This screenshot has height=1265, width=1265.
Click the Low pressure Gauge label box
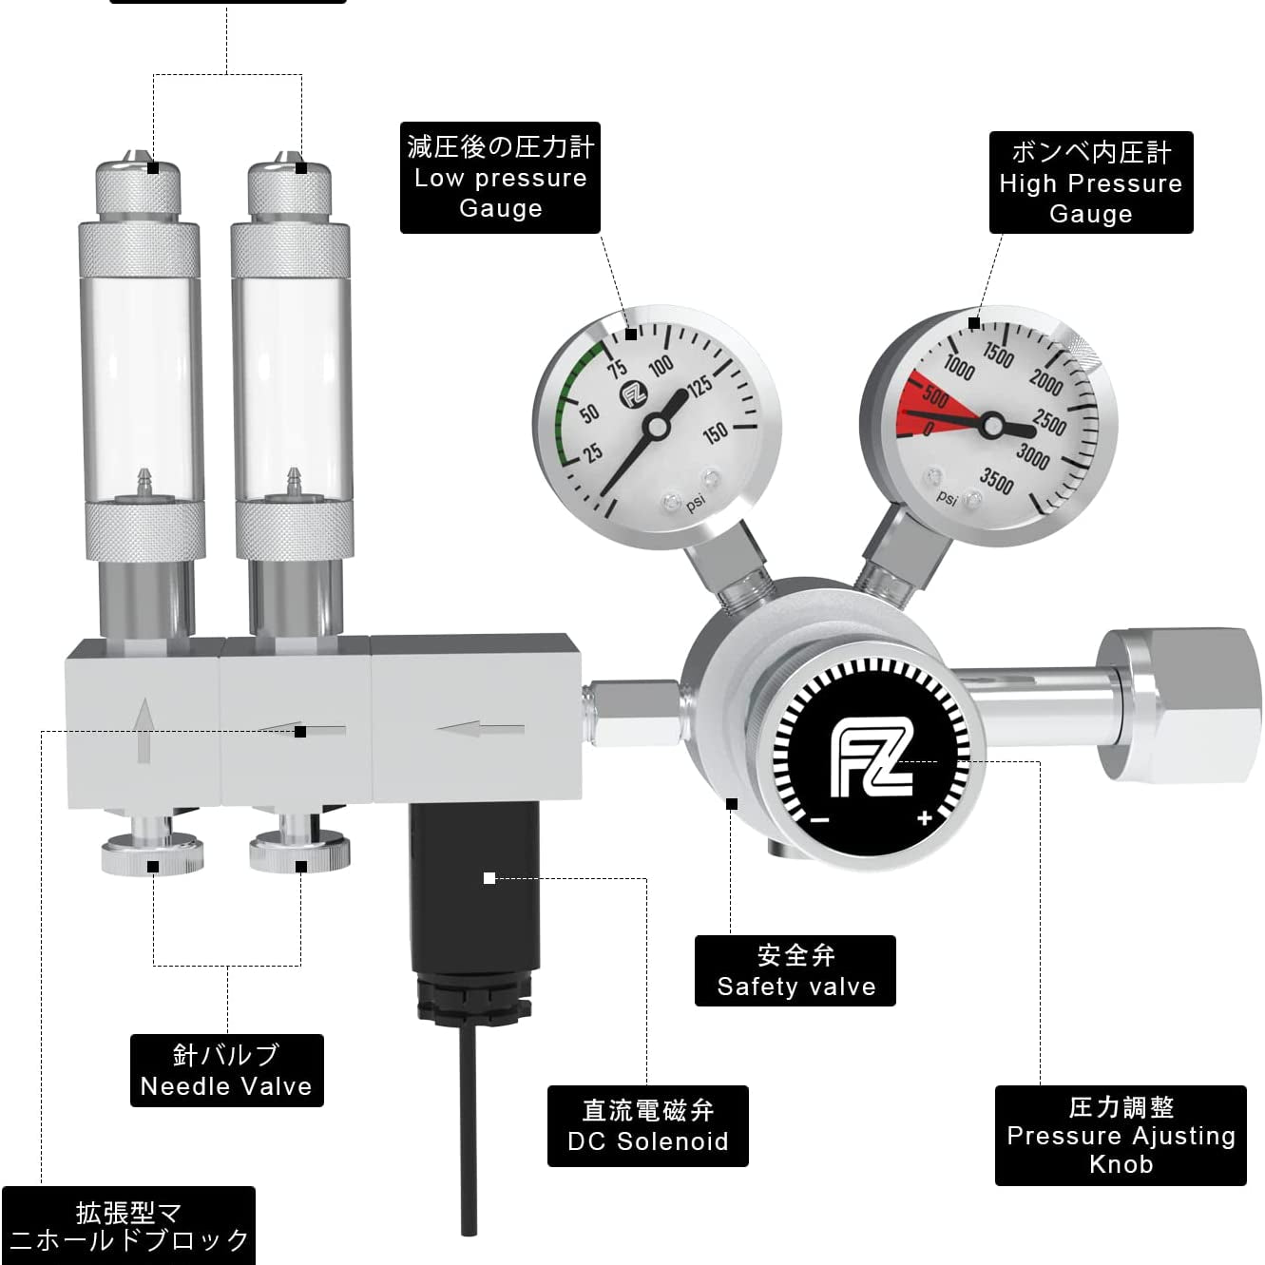pyautogui.click(x=500, y=178)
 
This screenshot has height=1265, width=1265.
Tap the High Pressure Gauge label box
pyautogui.click(x=1090, y=182)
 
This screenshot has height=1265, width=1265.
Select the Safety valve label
pyautogui.click(x=795, y=970)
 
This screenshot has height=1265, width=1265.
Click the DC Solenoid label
pyautogui.click(x=647, y=1125)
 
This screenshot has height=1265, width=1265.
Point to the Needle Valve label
pyautogui.click(x=226, y=1070)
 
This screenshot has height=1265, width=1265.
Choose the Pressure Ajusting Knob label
pyautogui.click(x=1120, y=1135)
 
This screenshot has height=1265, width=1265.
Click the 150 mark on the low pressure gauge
pyautogui.click(x=714, y=433)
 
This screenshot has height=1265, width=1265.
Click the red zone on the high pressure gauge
pyautogui.click(x=927, y=404)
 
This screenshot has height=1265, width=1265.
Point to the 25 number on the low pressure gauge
pyautogui.click(x=593, y=450)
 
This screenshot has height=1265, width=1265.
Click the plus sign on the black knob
pyautogui.click(x=925, y=818)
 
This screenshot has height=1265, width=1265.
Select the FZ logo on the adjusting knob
pyautogui.click(x=872, y=760)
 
